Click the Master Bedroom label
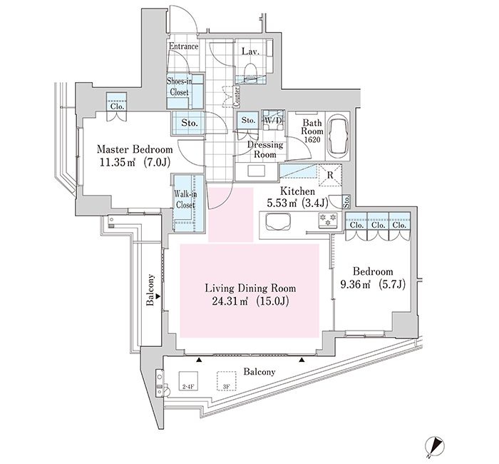point(135,149)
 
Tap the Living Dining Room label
point(250,288)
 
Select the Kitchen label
point(297,191)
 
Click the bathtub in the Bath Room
point(338,136)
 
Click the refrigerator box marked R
point(330,175)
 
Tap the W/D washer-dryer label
point(273,121)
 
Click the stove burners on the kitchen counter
point(329,221)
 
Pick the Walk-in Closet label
point(185,199)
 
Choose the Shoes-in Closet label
point(179,87)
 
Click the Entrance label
point(183,46)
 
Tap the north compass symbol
point(434,446)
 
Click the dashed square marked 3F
point(226,381)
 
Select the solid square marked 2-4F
point(188,381)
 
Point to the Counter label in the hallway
point(237,97)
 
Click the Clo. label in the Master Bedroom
point(117,107)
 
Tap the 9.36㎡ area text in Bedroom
point(356,284)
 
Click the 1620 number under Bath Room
point(312,140)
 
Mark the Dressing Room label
point(265,149)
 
